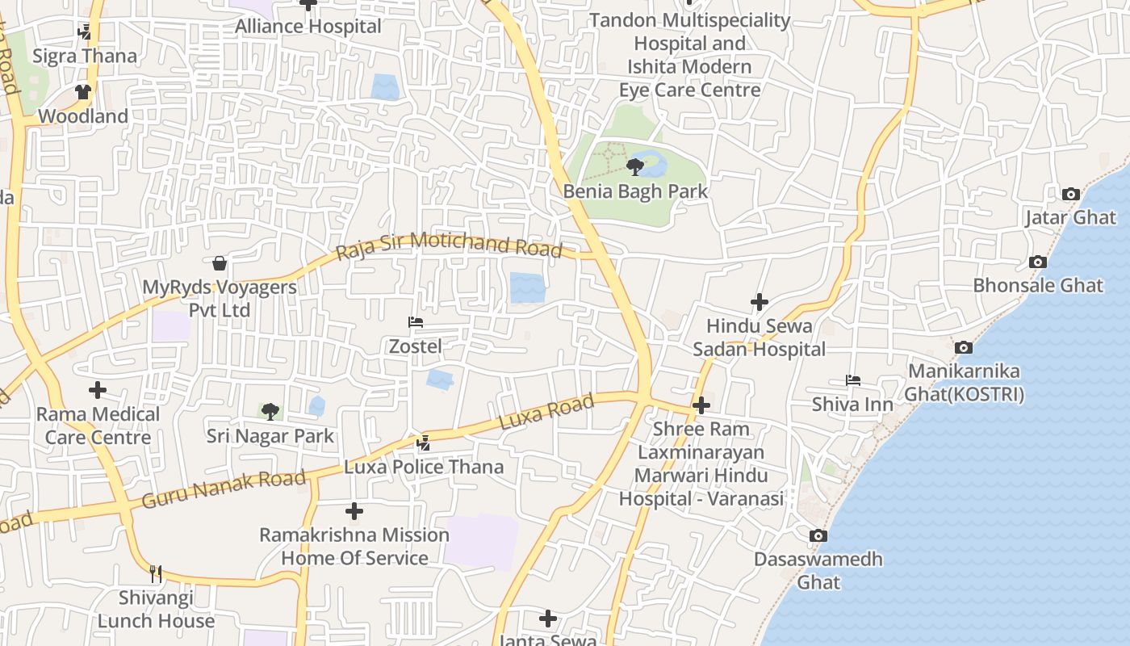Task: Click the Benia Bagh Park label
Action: point(635,191)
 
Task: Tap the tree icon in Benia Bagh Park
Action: point(635,167)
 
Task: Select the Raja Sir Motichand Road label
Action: point(449,245)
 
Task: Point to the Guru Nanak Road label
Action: point(224,490)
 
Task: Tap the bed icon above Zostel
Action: point(416,322)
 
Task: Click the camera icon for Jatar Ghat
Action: point(1071,194)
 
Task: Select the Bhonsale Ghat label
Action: point(1038,285)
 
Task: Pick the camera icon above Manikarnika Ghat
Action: point(963,347)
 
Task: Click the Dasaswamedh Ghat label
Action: point(818,570)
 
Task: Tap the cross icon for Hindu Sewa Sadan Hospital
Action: point(760,302)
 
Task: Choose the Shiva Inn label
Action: point(852,404)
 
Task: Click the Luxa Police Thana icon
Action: point(424,443)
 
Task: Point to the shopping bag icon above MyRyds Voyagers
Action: point(220,262)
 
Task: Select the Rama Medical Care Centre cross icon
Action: point(98,390)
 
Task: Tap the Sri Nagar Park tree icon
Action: point(270,411)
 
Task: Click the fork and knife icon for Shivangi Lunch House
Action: point(156,574)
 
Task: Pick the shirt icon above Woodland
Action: point(83,92)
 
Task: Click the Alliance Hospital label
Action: point(308,26)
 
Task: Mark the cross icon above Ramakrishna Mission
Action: point(354,511)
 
